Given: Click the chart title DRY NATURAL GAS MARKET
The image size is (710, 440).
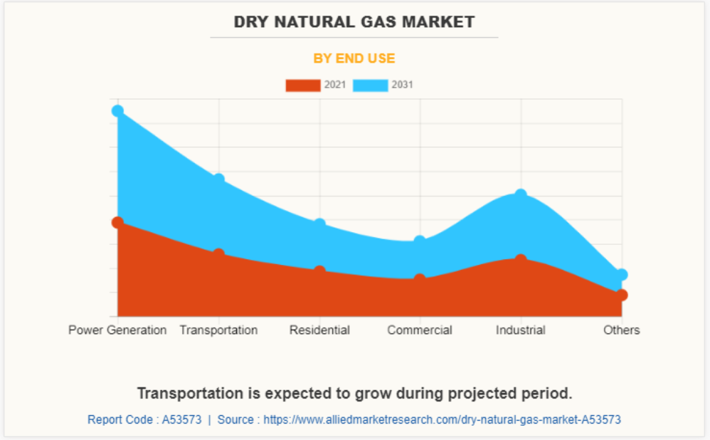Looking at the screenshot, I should [x=354, y=22].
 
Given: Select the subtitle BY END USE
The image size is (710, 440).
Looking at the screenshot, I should [x=354, y=58].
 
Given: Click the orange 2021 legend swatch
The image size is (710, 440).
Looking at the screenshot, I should [x=303, y=85].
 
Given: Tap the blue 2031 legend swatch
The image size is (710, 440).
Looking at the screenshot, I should [x=371, y=85].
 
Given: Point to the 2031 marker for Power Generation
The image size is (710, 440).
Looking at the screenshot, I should [x=117, y=111].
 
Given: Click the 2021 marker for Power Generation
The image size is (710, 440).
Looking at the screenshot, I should [x=117, y=222].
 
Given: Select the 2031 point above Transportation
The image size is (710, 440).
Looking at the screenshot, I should [x=218, y=179].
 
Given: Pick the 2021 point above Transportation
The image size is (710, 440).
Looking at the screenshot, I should [x=218, y=254].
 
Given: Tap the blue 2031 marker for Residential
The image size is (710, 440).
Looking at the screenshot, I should [x=319, y=224].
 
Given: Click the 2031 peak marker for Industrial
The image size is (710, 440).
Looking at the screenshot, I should [x=521, y=194].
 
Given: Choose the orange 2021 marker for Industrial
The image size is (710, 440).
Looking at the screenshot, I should [x=521, y=260].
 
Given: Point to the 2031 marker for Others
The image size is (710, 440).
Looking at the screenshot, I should [x=622, y=275].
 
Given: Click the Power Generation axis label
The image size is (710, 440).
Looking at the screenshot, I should [x=117, y=330].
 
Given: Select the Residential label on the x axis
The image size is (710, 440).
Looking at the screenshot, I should [x=319, y=330].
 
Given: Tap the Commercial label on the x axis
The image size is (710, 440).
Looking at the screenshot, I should [x=420, y=330].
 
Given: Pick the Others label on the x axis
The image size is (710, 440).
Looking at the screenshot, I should [x=622, y=330].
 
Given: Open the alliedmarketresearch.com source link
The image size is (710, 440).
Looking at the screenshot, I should [x=442, y=420].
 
